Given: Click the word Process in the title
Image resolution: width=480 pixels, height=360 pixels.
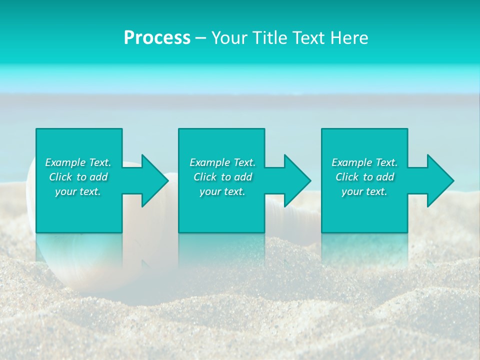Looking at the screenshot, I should (157, 38).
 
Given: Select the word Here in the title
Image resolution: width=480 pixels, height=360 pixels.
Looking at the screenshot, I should (348, 38).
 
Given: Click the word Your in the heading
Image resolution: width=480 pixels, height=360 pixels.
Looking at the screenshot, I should (228, 38).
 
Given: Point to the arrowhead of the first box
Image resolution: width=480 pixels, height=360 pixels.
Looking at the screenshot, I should (153, 180).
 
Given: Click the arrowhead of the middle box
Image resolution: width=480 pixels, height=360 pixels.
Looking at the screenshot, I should (295, 180).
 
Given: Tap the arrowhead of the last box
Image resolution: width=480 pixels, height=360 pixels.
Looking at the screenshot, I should (438, 180).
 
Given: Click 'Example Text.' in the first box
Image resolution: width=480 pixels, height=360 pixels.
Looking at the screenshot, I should (78, 162).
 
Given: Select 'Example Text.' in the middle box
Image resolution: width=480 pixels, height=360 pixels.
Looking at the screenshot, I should (222, 162).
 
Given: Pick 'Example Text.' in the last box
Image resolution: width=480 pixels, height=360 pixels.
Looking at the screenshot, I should (364, 162).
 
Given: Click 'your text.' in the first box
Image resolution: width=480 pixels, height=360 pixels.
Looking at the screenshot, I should (78, 191).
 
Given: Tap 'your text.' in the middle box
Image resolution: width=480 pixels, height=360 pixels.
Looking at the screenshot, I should (222, 191).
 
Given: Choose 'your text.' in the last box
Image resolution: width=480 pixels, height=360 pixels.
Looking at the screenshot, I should (364, 191).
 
